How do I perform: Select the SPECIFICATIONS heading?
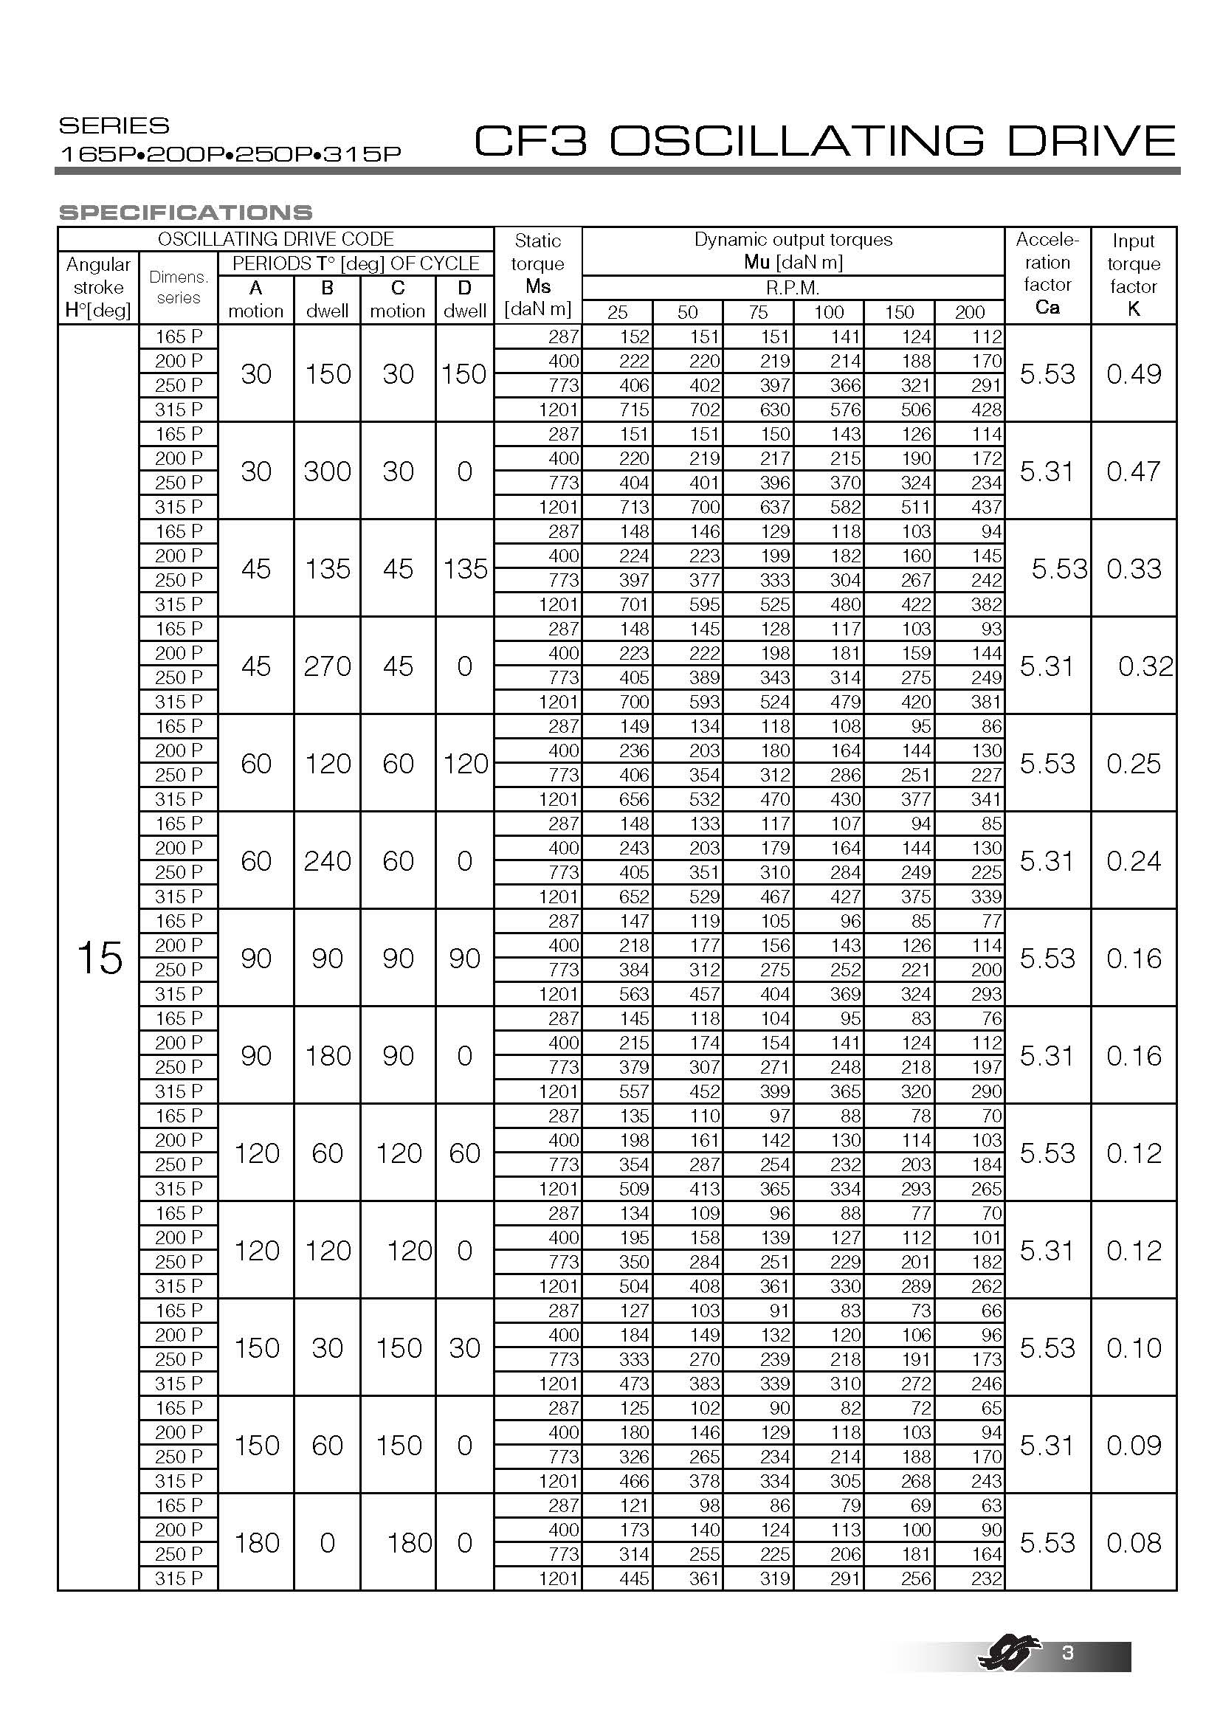tap(186, 213)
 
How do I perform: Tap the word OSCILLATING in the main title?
tap(797, 142)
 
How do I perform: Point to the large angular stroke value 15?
tap(98, 959)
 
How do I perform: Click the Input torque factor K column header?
tap(1133, 275)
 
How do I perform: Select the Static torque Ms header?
tap(537, 275)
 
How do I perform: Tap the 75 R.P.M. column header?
tap(758, 312)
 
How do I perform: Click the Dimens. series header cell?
tap(178, 287)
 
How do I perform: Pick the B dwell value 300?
tap(327, 472)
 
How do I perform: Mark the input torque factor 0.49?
tap(1134, 373)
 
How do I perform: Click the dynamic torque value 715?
tap(634, 410)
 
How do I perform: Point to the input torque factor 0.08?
tap(1134, 1542)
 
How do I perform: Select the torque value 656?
tap(634, 799)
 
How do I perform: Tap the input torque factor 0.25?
tap(1134, 764)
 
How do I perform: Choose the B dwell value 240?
tap(327, 860)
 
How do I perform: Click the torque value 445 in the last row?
tap(634, 1578)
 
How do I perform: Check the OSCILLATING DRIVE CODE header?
tap(276, 239)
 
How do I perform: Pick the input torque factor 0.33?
tap(1134, 569)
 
